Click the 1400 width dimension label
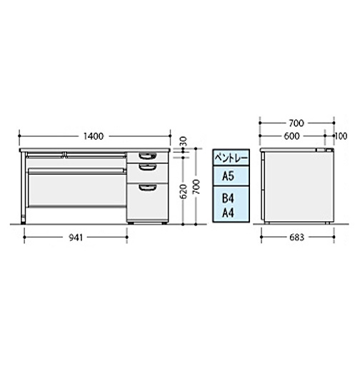point(94,136)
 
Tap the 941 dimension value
point(76,238)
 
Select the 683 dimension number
point(296,238)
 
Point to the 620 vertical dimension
point(184,191)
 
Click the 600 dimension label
point(291,136)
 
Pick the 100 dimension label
point(341,136)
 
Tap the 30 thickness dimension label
point(184,141)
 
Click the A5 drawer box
point(231,176)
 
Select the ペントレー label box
point(231,158)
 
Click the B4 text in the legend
point(228,198)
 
